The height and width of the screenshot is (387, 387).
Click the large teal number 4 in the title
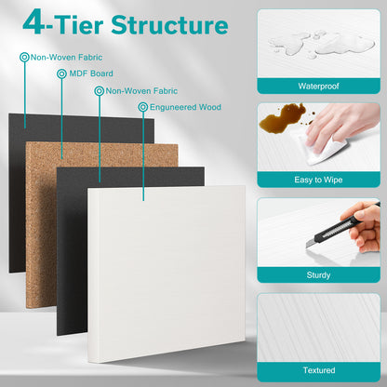point(36,21)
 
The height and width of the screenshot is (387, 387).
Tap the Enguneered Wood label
point(183,107)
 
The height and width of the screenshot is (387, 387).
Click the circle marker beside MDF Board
point(61,73)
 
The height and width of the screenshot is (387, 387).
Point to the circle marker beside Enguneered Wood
point(142,107)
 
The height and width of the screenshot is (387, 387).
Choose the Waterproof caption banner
point(318,86)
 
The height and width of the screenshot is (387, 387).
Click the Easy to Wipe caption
point(318,180)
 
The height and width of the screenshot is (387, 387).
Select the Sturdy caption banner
point(318,275)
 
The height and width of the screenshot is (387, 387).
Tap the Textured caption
point(318,370)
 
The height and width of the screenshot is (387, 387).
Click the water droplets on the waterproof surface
point(307,42)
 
